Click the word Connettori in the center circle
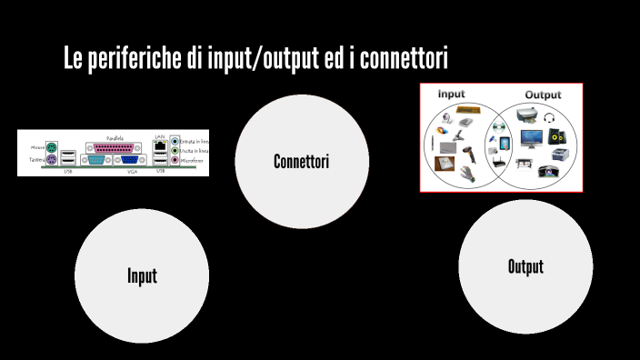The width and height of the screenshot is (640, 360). (x=301, y=162)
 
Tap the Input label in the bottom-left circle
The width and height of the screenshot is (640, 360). (x=142, y=276)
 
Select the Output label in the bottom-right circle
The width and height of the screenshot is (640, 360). (x=525, y=266)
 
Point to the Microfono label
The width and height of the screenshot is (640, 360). (x=194, y=161)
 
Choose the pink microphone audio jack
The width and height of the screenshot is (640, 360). (x=175, y=161)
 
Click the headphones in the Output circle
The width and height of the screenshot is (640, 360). (x=549, y=117)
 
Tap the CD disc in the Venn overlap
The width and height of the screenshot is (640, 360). (x=498, y=126)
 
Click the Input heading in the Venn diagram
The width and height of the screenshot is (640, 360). (x=451, y=94)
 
